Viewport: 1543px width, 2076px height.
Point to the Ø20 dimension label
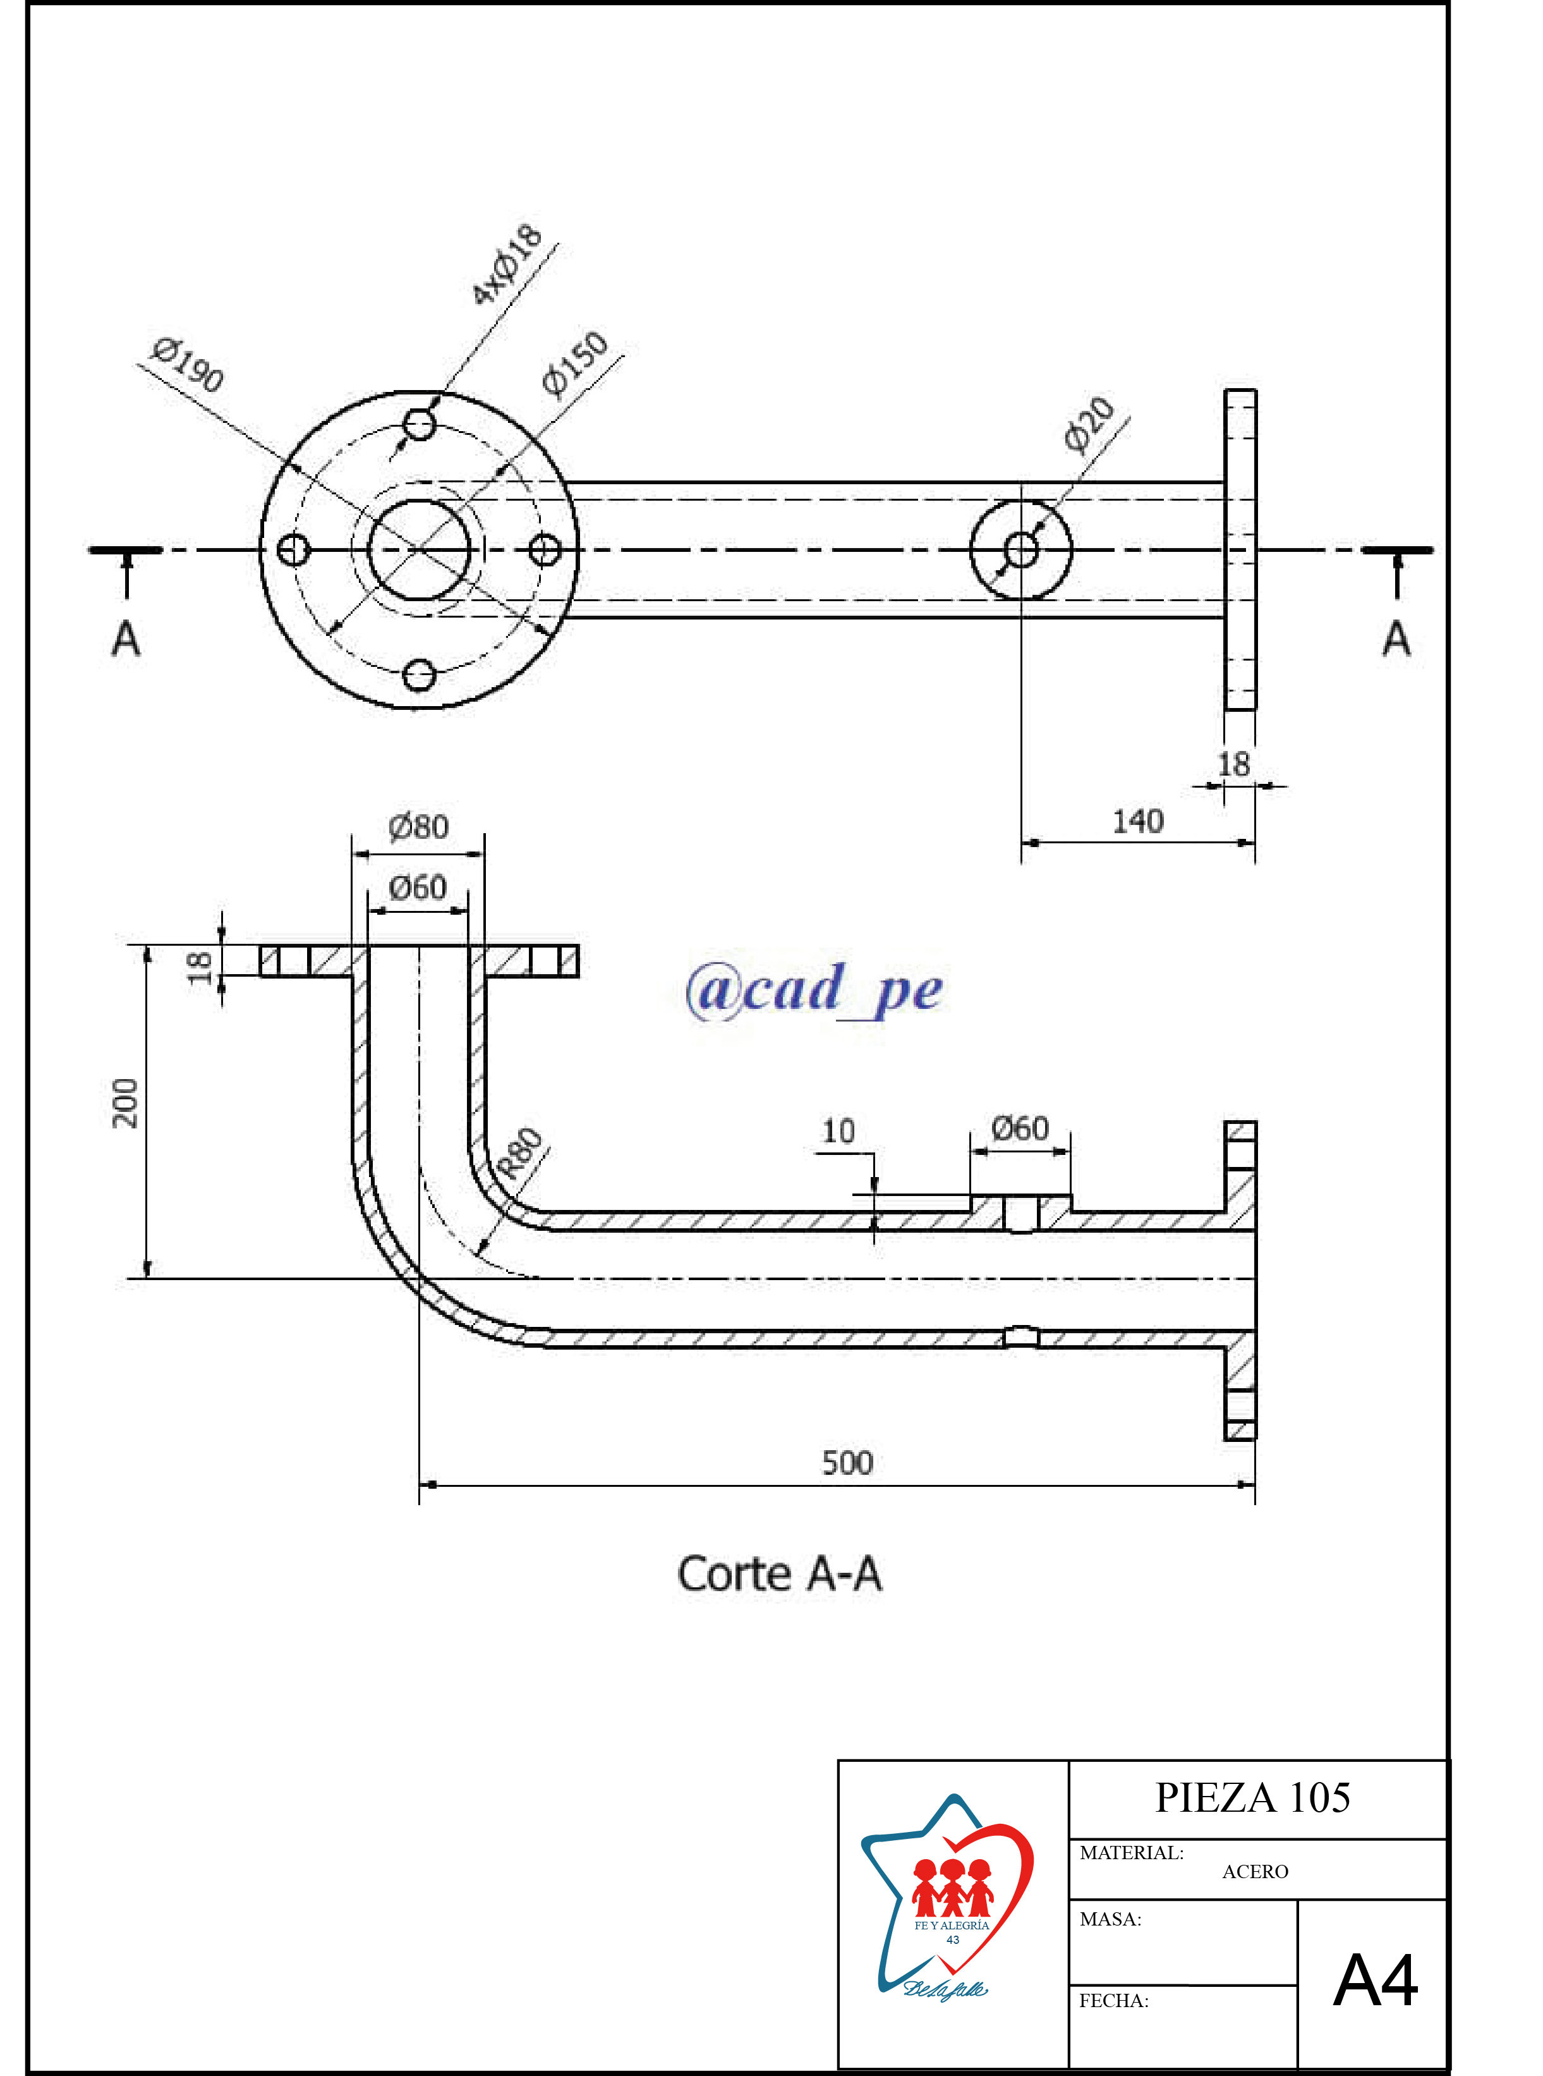[1089, 424]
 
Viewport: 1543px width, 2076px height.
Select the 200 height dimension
[125, 1102]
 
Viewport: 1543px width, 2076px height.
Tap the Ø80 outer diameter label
[418, 827]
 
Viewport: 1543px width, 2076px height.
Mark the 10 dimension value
[838, 1132]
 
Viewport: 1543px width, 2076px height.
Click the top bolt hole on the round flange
[420, 425]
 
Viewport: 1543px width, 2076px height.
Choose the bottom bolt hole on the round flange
[420, 674]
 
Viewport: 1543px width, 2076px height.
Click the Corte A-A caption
[779, 1573]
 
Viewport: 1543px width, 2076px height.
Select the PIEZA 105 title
[1252, 1798]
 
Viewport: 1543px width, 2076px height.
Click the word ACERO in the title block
[1254, 1871]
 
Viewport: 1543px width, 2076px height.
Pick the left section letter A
[126, 640]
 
